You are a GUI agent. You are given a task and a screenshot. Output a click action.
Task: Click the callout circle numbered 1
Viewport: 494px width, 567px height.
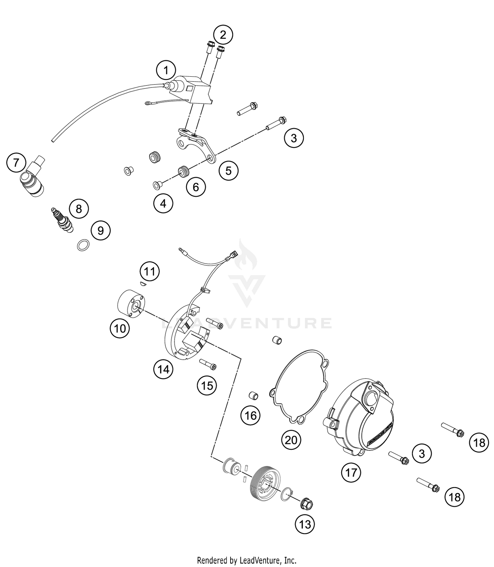(166, 70)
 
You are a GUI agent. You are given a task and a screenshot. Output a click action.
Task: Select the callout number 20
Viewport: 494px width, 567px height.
(291, 440)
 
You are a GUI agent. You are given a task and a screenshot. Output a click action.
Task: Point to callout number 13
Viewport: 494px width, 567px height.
(305, 524)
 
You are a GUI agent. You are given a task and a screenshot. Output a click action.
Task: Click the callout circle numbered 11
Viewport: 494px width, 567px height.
(150, 271)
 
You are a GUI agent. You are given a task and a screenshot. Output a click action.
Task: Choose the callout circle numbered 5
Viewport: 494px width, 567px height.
(228, 170)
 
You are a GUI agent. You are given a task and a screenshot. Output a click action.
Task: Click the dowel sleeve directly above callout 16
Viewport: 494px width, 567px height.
(253, 395)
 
